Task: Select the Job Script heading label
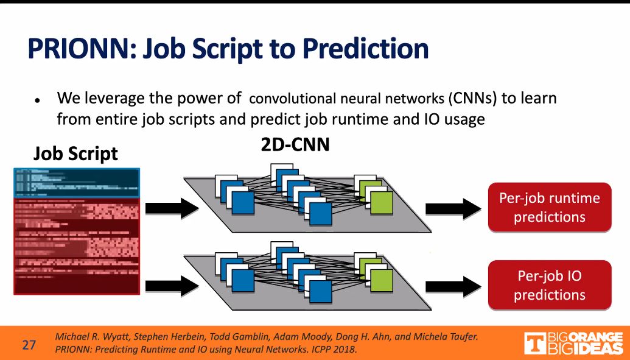75,153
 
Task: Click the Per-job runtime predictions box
549,207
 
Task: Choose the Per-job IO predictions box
549,285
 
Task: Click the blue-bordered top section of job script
77,182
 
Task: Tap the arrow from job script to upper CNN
172,209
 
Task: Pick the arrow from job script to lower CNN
172,284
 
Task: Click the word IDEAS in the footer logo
599,348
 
